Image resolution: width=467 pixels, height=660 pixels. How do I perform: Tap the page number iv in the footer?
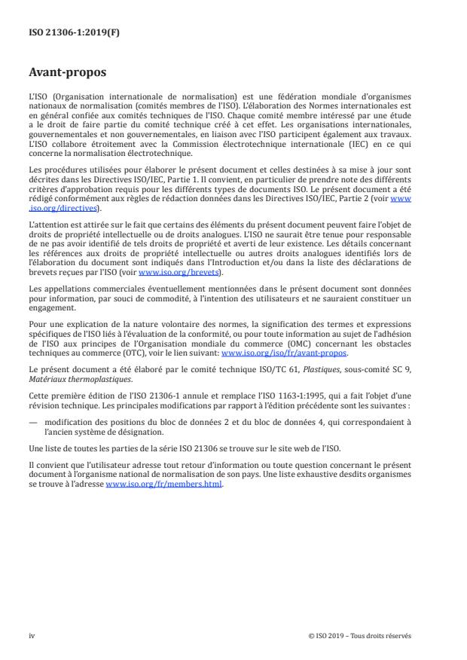[32, 636]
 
